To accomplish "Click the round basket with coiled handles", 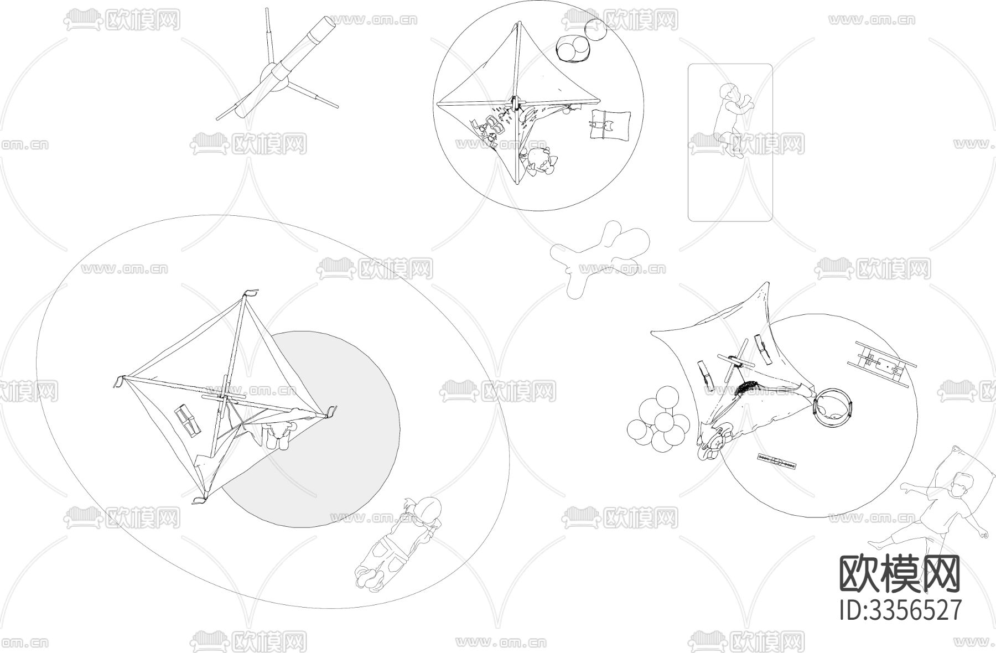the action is pos(833,409).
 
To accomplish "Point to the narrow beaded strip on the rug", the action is pos(777,462).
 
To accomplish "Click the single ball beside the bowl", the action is pos(596,29).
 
